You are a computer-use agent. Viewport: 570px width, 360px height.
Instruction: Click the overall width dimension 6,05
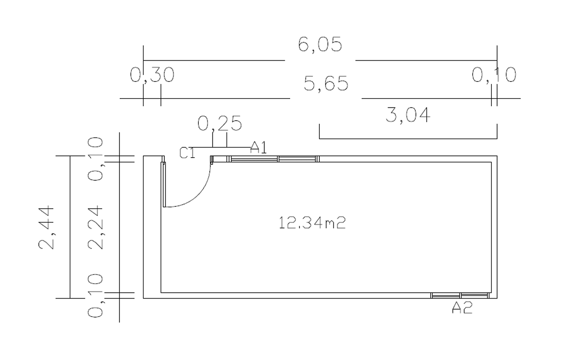coord(320,45)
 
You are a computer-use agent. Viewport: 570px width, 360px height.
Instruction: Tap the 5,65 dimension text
coord(326,83)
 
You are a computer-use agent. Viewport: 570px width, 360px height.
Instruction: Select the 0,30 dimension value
coord(152,75)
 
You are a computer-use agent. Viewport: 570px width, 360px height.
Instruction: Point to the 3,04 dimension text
coord(408,115)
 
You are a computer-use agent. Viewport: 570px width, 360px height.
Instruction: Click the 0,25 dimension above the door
coord(220,123)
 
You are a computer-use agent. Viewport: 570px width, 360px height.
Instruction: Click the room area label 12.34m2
coord(312,223)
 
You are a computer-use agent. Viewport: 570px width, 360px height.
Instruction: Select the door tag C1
coord(187,153)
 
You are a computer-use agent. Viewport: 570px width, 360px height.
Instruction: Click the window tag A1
coord(259,148)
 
